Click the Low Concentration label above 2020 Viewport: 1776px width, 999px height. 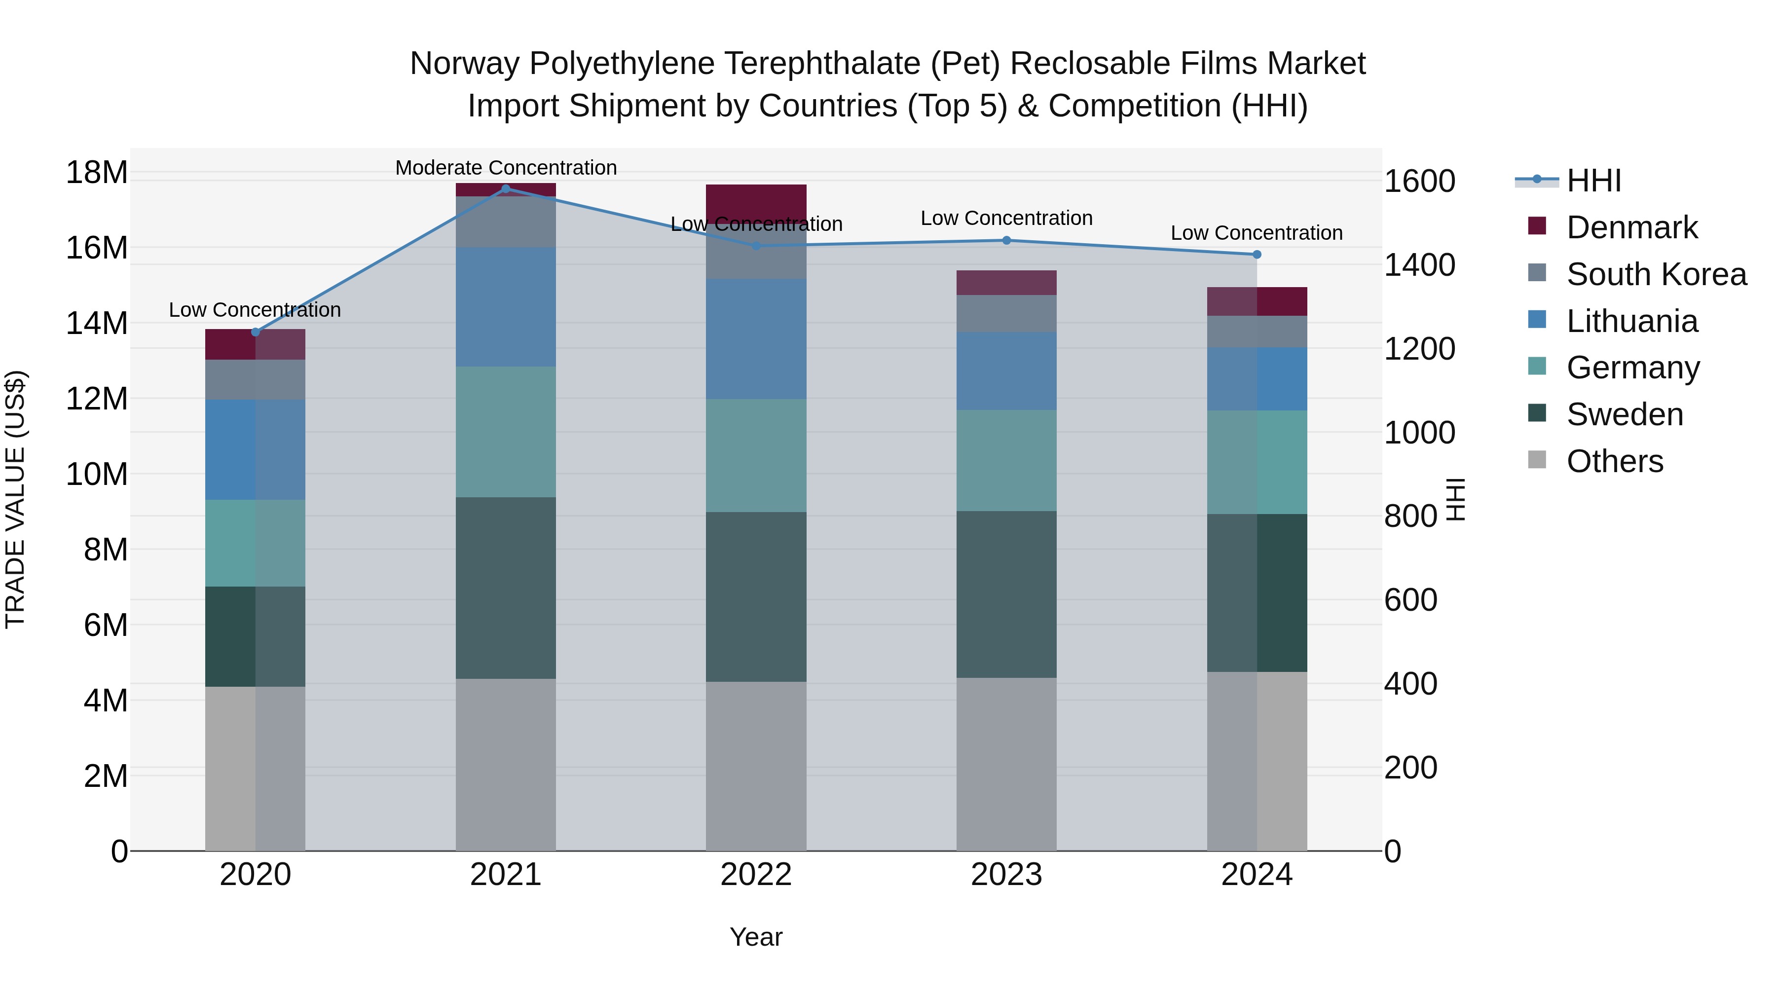(x=255, y=310)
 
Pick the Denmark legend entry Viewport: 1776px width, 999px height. (x=1631, y=227)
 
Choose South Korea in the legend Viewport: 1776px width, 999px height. (x=1656, y=274)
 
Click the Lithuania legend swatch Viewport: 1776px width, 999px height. (x=1537, y=320)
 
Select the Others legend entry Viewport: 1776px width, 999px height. (x=1614, y=461)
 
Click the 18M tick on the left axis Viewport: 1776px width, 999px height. (x=97, y=172)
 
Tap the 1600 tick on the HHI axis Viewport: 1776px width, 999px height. (x=1419, y=182)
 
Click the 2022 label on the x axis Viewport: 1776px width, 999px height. (x=756, y=875)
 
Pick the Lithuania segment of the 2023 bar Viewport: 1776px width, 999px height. (x=1006, y=371)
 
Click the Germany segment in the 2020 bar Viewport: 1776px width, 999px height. (x=255, y=543)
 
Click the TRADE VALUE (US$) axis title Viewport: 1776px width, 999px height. (x=15, y=499)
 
